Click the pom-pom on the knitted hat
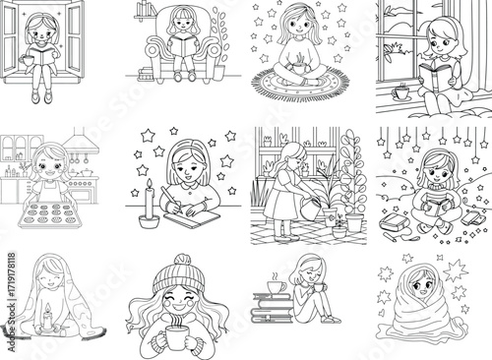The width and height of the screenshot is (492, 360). (182, 260)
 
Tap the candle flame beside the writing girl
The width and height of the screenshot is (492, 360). (150, 184)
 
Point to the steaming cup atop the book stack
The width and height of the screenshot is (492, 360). (277, 286)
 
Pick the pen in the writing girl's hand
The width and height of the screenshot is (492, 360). (172, 200)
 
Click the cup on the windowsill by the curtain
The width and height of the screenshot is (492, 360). (400, 92)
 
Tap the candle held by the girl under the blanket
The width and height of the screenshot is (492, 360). (48, 317)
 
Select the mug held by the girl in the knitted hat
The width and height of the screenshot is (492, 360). (176, 337)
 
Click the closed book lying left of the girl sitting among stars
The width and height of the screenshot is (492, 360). (393, 223)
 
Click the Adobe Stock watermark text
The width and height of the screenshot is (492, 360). (11, 302)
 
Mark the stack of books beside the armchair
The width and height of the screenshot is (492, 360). (147, 73)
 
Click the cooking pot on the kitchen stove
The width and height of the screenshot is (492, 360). (87, 172)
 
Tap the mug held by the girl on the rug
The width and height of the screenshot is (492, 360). (299, 68)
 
